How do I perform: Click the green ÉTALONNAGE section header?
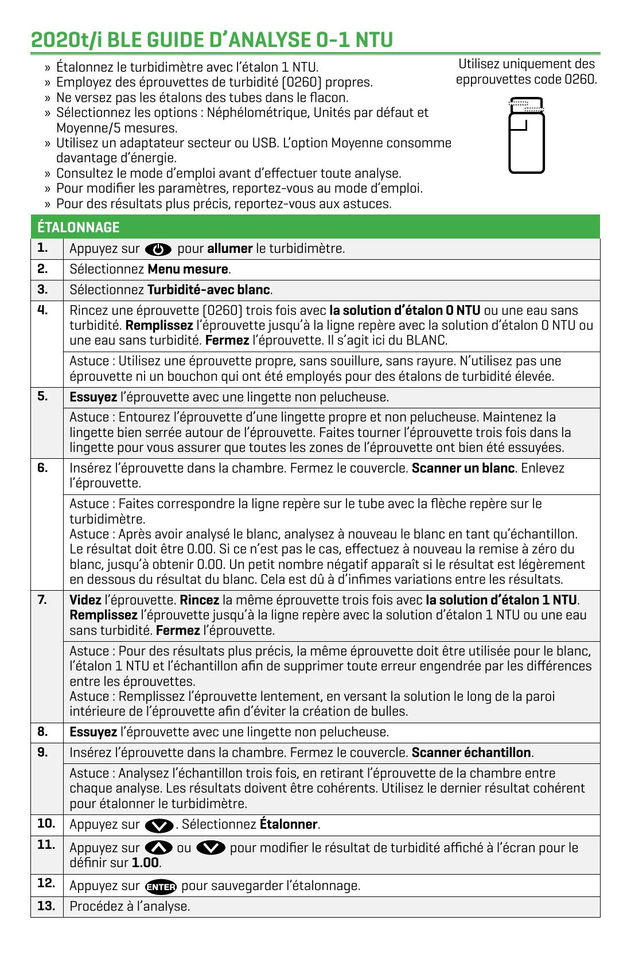(78, 227)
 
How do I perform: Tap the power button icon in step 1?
(159, 249)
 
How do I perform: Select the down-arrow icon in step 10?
(159, 825)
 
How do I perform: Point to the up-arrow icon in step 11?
(159, 848)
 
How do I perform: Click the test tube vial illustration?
(527, 136)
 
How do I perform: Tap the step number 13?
(46, 906)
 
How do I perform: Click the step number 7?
(42, 600)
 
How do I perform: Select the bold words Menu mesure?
(188, 269)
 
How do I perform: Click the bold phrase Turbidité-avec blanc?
(208, 290)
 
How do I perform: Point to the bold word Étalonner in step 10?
(289, 824)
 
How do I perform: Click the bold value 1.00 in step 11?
(145, 863)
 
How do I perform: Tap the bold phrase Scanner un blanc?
(463, 468)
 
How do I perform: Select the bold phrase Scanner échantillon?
(472, 752)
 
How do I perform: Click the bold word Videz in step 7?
(85, 600)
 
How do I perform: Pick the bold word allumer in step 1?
(229, 248)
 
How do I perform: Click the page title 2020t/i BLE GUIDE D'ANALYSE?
(212, 40)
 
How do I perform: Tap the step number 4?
(42, 310)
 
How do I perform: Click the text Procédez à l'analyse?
(130, 907)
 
